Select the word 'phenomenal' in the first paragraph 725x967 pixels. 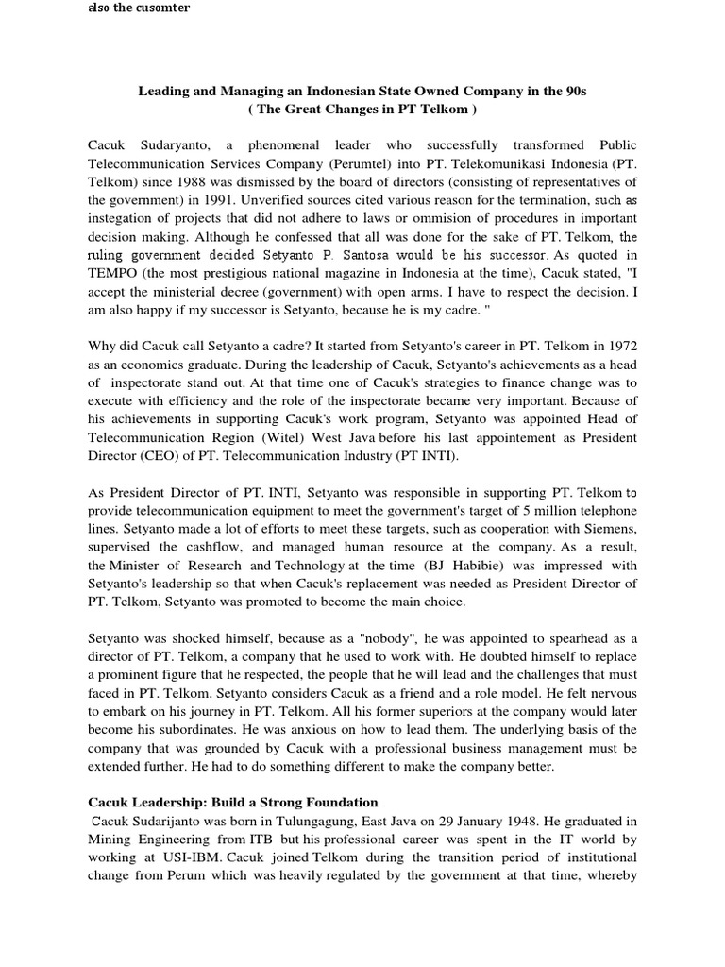(x=288, y=146)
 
